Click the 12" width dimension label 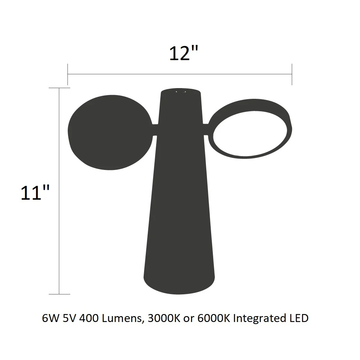[183, 54]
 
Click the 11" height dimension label [35, 193]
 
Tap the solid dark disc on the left [110, 132]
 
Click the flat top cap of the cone [181, 91]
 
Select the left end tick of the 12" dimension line [67, 74]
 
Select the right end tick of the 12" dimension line [292, 74]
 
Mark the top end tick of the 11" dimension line [59, 88]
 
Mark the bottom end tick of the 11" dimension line [59, 294]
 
